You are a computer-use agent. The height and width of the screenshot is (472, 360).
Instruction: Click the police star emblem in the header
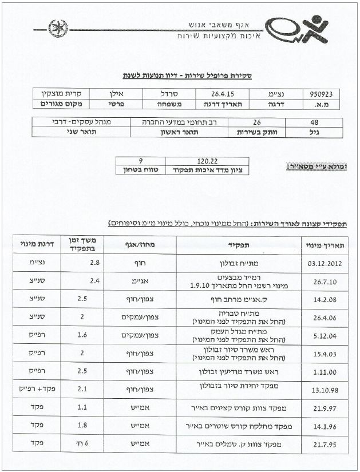point(57,26)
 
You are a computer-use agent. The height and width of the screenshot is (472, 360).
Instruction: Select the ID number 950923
point(325,93)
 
